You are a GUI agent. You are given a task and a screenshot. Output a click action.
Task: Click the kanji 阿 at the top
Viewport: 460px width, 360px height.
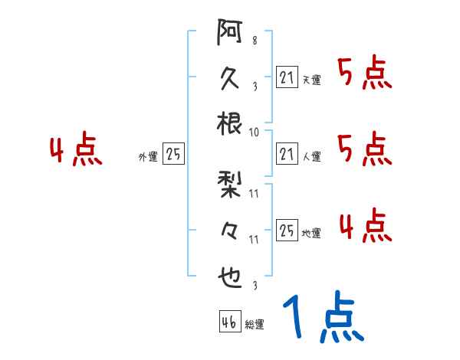click(230, 34)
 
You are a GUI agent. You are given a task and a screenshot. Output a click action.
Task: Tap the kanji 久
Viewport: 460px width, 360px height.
click(230, 79)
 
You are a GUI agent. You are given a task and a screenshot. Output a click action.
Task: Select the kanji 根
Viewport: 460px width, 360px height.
click(230, 123)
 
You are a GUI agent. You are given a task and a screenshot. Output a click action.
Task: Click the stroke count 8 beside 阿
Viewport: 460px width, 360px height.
click(254, 41)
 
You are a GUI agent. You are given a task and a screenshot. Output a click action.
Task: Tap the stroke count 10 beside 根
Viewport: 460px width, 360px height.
click(254, 132)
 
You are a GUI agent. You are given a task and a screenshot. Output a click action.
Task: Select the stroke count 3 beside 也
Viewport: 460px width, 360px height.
click(254, 286)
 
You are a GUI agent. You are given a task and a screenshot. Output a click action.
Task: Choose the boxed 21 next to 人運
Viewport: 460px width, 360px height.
click(286, 153)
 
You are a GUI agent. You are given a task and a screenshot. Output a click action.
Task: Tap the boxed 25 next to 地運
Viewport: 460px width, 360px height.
click(286, 229)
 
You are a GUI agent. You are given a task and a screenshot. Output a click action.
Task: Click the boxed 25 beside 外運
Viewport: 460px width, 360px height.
click(173, 153)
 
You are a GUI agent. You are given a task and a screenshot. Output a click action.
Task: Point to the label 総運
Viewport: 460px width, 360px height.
click(254, 325)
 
